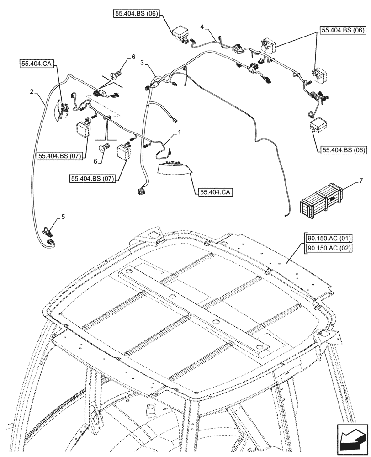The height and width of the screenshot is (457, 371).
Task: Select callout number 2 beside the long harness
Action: click(31, 92)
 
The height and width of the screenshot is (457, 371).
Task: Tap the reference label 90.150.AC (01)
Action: click(324, 238)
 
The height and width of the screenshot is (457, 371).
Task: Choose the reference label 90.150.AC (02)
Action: click(324, 248)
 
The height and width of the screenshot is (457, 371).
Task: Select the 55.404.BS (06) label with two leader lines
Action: click(343, 31)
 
